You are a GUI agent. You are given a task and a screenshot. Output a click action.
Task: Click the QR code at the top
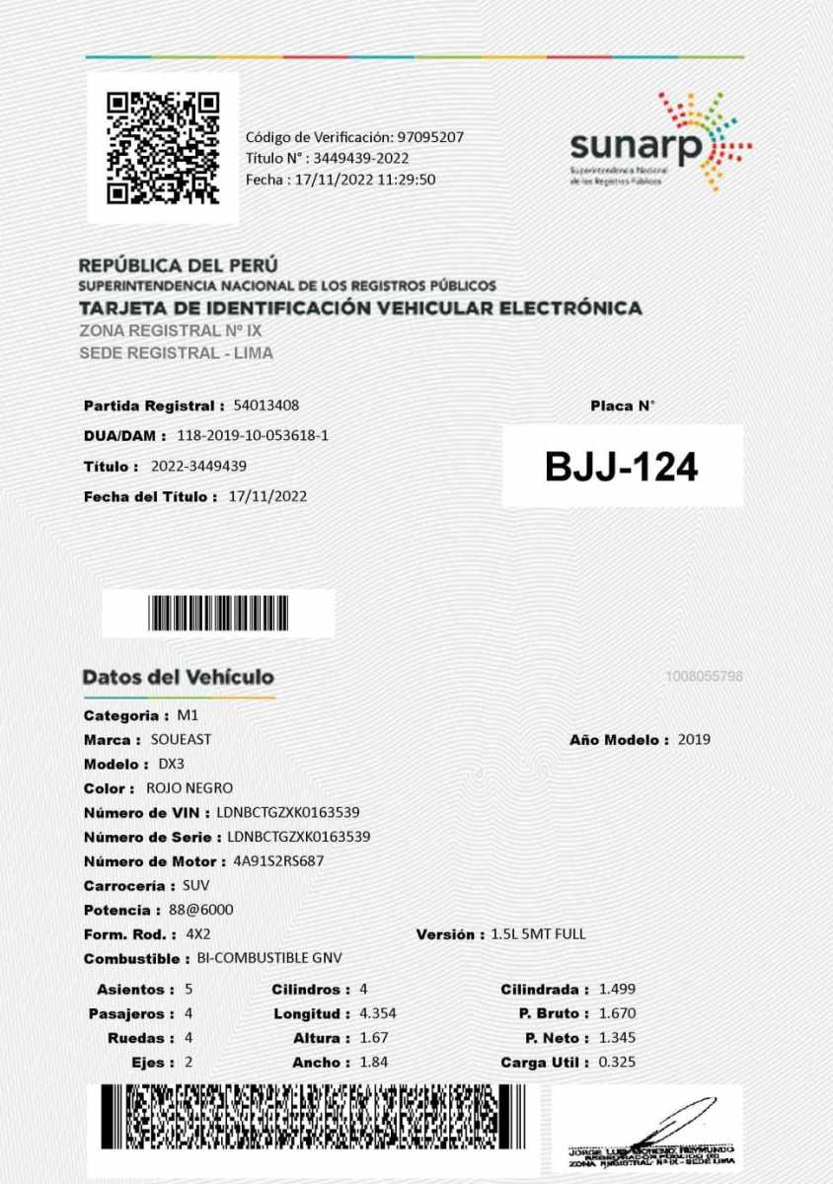pos(163,147)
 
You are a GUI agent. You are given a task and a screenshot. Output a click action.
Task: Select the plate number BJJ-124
pos(622,468)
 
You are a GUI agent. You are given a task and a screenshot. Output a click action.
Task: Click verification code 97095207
pos(430,137)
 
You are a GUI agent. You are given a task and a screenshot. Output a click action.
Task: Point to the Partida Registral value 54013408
pos(266,406)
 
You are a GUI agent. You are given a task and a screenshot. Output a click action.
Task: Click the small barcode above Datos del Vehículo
pos(219,613)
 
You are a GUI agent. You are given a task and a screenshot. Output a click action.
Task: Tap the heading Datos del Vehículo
pos(179,678)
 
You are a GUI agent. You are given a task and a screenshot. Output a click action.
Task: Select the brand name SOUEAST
pos(181,739)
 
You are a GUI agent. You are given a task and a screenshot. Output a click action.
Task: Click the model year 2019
pos(694,739)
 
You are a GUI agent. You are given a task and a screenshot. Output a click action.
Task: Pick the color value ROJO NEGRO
pos(189,788)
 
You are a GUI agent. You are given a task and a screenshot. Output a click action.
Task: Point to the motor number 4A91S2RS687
pos(278,861)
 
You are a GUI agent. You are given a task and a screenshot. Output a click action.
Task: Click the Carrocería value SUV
pos(196,886)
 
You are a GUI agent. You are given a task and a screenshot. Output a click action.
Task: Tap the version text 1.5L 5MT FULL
pos(538,934)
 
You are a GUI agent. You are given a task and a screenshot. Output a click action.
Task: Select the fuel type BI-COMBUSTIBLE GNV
pos(269,958)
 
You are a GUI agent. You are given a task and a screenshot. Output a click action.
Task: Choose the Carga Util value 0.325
pos(617,1063)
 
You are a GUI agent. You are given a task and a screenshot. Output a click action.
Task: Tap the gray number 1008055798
pos(704,677)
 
